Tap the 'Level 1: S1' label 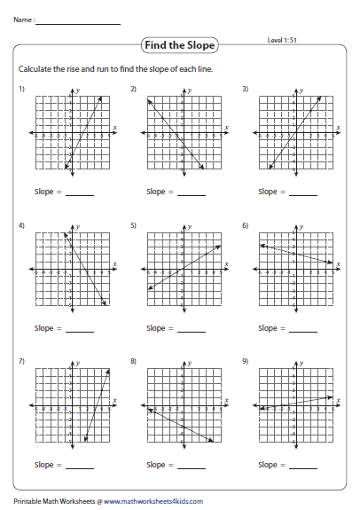click(x=283, y=40)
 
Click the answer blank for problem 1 click(x=79, y=192)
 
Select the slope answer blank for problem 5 click(x=191, y=329)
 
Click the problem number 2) click(x=133, y=90)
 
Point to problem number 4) click(x=21, y=226)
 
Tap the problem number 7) click(x=21, y=362)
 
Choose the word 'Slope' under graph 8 click(x=156, y=464)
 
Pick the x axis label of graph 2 click(x=226, y=129)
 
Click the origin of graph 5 click(x=183, y=270)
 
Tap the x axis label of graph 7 click(x=114, y=401)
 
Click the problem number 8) click(x=133, y=362)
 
